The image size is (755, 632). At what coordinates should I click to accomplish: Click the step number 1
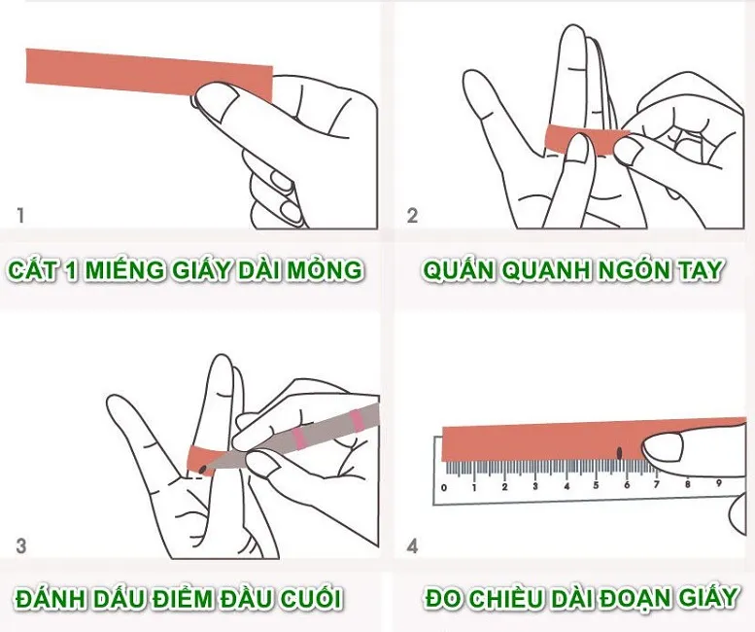20,215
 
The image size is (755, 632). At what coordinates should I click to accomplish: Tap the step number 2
412,215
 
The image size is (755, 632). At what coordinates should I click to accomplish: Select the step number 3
21,546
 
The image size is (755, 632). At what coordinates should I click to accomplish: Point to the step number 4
412,546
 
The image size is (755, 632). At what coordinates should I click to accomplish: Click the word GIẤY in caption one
200,268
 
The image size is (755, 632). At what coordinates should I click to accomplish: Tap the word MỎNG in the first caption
324,268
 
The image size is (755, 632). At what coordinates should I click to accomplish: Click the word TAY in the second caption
700,269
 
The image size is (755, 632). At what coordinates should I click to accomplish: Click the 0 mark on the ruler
444,488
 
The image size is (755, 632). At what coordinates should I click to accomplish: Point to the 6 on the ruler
627,485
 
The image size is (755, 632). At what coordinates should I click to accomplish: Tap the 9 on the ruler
718,482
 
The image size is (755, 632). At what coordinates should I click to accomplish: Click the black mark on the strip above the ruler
620,452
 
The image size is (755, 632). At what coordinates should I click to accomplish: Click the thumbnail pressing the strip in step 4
664,446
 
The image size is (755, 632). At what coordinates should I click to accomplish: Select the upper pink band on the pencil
357,421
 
